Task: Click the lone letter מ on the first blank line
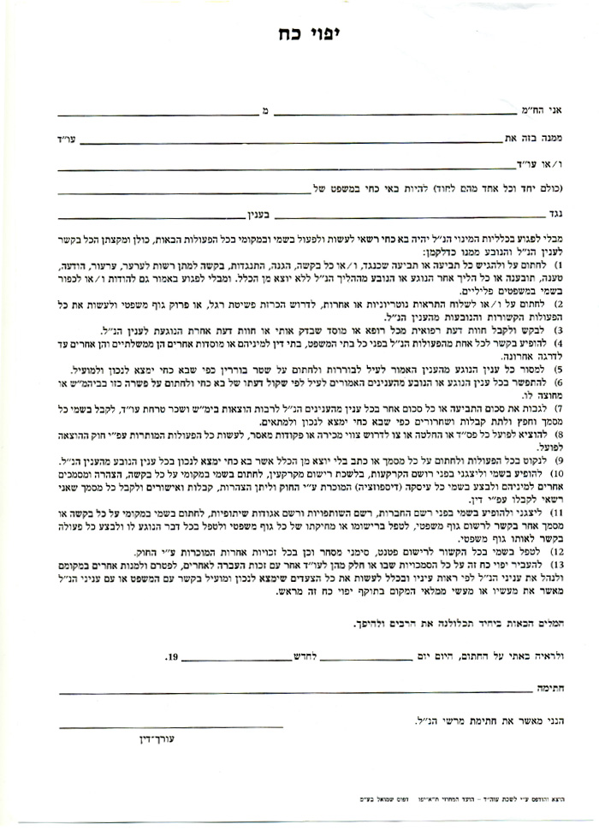click(264, 110)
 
